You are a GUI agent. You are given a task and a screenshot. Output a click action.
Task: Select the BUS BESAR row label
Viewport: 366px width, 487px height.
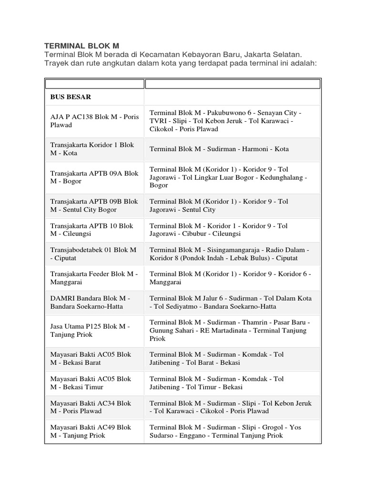[x=71, y=97]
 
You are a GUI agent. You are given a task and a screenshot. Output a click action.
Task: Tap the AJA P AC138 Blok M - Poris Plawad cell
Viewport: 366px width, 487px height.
[x=94, y=121]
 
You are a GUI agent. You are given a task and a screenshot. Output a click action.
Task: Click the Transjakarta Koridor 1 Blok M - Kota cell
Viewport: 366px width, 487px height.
[x=92, y=149]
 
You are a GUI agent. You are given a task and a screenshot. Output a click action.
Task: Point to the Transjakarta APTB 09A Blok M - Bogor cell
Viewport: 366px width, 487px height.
[x=94, y=177]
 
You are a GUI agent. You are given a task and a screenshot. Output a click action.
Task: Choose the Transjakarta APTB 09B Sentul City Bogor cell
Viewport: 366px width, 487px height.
[x=94, y=205]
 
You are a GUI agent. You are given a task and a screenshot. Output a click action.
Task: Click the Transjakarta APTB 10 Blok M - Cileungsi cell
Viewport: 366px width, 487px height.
[x=92, y=230]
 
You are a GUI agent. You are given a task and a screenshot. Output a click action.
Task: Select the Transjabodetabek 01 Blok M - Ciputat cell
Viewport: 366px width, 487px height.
[x=93, y=253]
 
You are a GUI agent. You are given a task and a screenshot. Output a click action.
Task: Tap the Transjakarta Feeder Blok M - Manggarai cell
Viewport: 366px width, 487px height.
[x=94, y=278]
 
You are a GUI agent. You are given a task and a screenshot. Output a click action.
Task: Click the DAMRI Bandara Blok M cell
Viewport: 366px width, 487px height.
[x=90, y=302]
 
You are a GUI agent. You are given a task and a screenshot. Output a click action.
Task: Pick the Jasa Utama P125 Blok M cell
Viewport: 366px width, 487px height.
[x=90, y=330]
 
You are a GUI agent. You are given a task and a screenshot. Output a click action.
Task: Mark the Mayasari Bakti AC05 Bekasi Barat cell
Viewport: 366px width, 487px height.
[x=91, y=358]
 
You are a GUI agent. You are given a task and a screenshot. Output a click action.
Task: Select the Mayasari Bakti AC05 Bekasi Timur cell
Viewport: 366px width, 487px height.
[x=91, y=383]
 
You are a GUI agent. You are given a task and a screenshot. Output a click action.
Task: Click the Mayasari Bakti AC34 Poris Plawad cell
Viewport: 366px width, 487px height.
[x=91, y=407]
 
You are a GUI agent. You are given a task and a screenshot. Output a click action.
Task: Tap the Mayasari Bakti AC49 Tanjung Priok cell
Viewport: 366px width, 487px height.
[x=91, y=431]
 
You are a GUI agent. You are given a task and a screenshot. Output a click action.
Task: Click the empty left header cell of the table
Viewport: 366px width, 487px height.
[x=94, y=84]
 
